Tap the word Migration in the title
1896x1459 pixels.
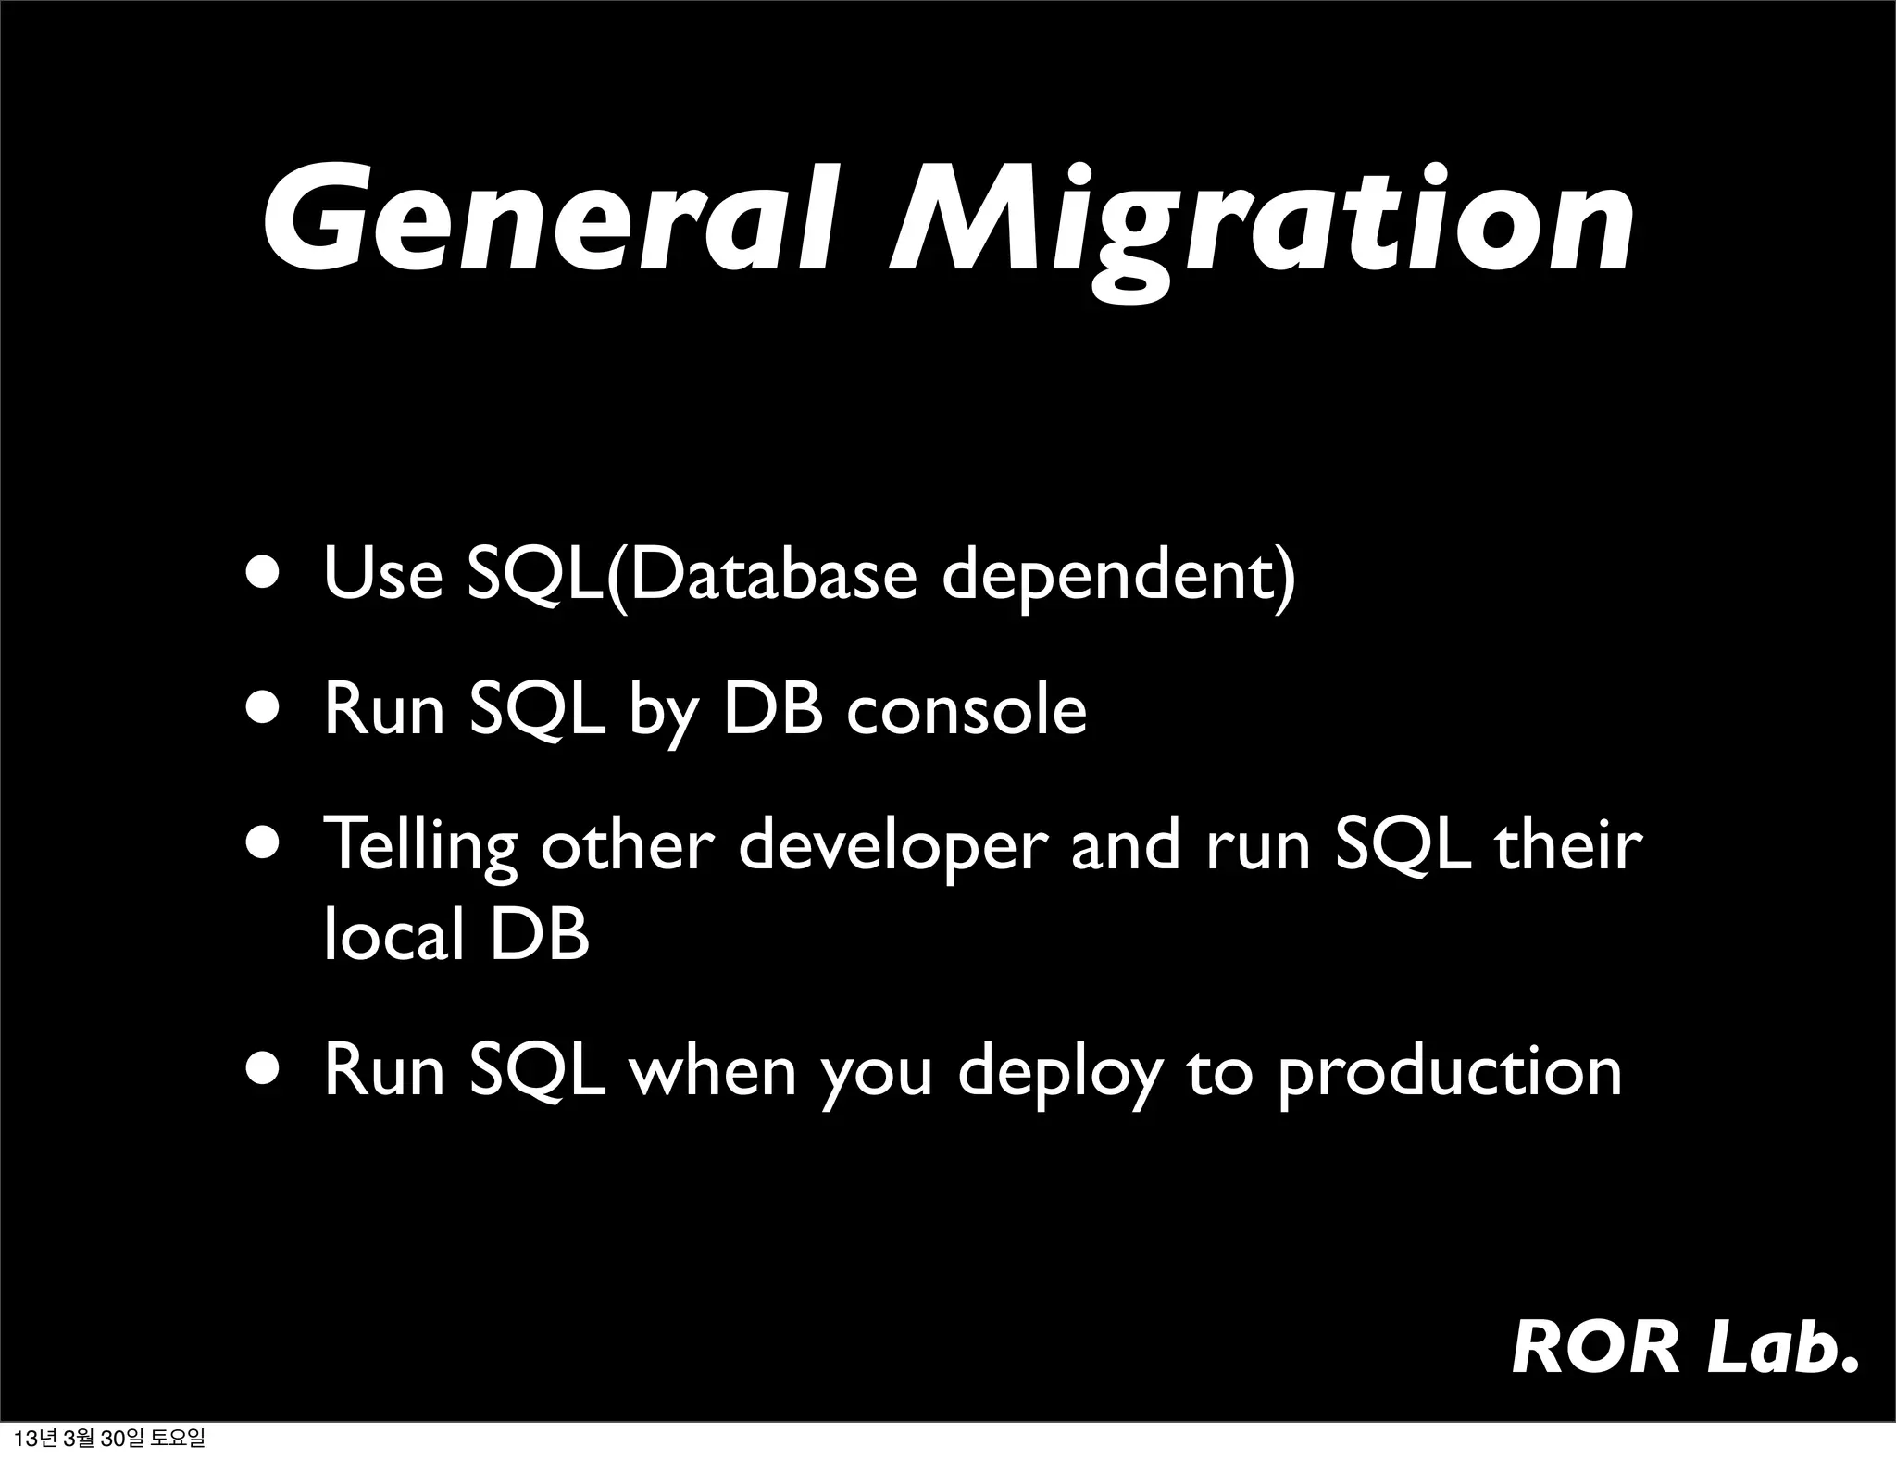(1260, 227)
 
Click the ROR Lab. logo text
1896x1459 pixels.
(1684, 1348)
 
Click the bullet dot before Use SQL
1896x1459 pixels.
(267, 573)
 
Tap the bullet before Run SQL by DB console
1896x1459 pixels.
(267, 709)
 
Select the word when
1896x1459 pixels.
(712, 1070)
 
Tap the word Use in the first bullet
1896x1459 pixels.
(383, 575)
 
